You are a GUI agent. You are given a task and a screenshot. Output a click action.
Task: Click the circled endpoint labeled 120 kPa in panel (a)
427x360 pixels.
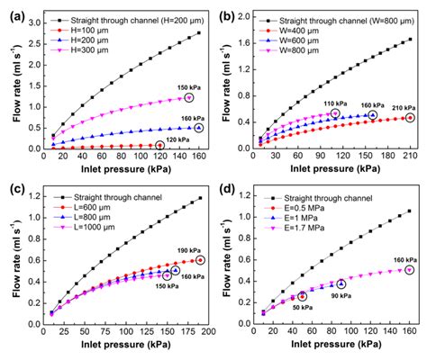pos(160,145)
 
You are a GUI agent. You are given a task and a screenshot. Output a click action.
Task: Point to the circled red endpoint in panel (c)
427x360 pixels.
pos(200,260)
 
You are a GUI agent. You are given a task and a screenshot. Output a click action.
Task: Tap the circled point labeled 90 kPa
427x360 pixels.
pos(341,283)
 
